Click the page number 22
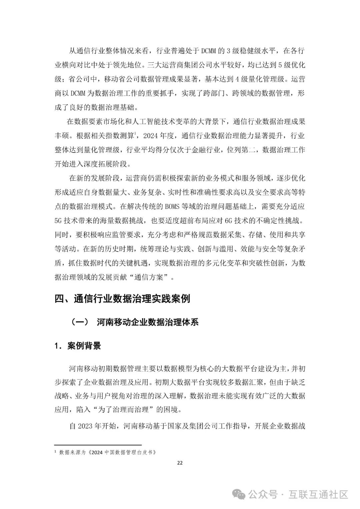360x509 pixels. tap(180, 463)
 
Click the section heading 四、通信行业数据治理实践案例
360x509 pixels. tap(122, 298)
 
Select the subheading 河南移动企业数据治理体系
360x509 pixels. tap(148, 322)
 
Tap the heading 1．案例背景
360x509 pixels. tap(78, 346)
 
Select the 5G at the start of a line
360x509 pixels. tap(59, 221)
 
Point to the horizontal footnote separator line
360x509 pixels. tap(98, 445)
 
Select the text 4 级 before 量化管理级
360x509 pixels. tap(239, 79)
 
